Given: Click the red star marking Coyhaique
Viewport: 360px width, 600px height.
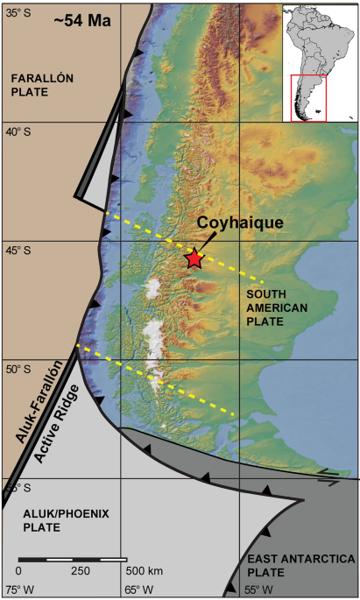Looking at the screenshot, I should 194,258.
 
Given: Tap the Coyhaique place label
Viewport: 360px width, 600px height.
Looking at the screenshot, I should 239,222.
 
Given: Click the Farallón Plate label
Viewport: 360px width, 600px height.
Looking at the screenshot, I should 42,85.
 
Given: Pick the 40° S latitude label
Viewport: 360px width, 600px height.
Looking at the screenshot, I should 18,132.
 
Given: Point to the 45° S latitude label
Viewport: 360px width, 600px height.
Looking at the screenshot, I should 18,251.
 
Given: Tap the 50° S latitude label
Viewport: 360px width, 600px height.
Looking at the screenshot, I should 18,369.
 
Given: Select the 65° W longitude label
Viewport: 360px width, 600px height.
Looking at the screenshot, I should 139,589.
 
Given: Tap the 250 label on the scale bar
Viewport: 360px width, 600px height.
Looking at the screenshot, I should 81,571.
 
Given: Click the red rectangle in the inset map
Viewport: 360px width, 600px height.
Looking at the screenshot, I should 307,98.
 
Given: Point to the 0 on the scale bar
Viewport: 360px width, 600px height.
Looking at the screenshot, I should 18,571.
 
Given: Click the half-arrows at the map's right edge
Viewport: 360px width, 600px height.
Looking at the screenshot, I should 328,476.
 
